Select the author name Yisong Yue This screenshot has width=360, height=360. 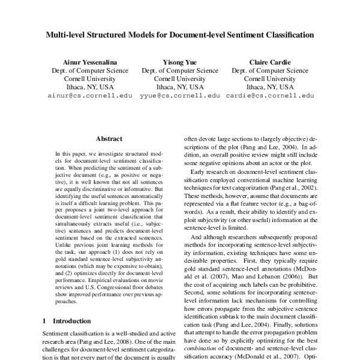coord(180,61)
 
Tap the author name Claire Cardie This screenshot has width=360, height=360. coord(270,61)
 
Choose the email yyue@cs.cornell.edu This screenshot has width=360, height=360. coord(180,95)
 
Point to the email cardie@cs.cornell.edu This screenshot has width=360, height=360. coord(270,95)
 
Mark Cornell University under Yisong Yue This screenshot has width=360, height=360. coord(180,78)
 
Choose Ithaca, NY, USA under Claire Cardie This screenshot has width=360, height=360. coord(270,86)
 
